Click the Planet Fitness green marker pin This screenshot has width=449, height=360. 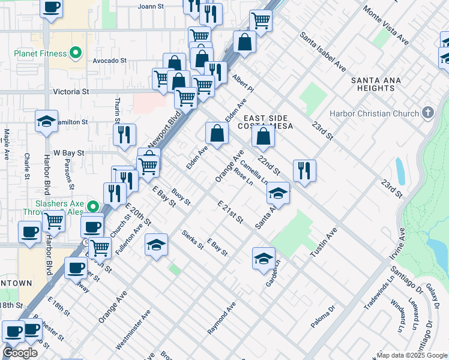pyautogui.click(x=76, y=53)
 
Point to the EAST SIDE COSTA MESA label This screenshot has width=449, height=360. pyautogui.click(x=264, y=122)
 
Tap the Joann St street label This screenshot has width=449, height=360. pyautogui.click(x=151, y=7)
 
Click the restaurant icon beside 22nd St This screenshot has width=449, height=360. pyautogui.click(x=305, y=170)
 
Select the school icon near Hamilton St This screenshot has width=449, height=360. pyautogui.click(x=46, y=122)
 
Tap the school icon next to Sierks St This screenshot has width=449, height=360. pyautogui.click(x=156, y=245)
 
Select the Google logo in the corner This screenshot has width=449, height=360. pyautogui.click(x=20, y=353)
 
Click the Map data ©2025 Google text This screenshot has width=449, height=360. pyautogui.click(x=411, y=355)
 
